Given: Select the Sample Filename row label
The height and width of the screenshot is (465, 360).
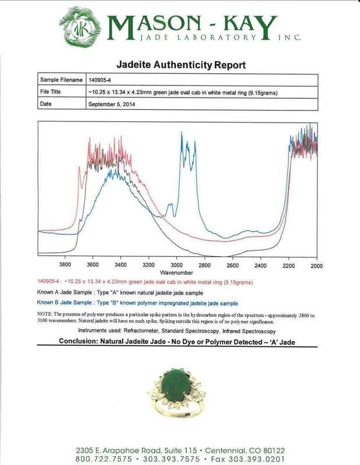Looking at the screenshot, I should point(59,80).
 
